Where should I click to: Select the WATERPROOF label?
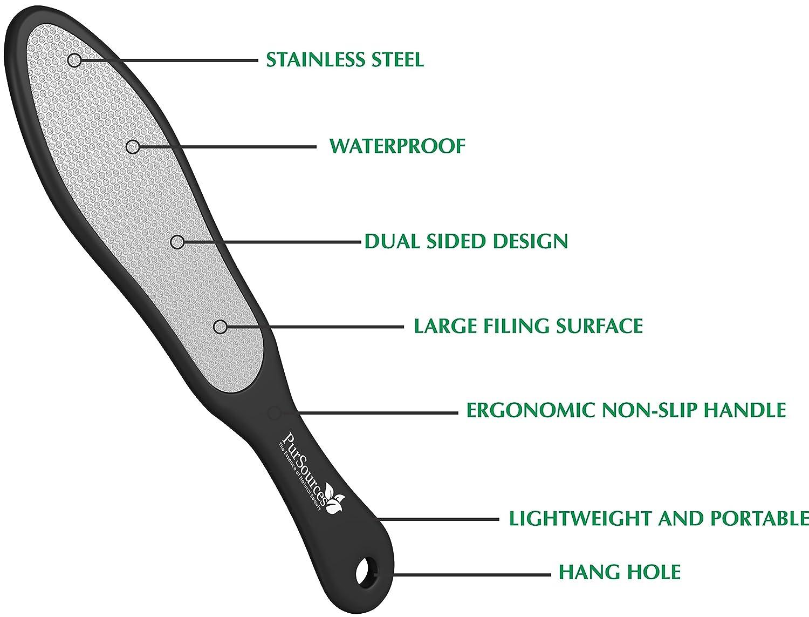point(397,146)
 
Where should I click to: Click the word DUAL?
point(392,241)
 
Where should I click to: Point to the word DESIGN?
point(530,241)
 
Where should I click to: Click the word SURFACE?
point(600,326)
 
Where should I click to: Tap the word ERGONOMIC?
point(530,410)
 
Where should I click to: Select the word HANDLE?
point(745,410)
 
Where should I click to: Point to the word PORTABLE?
point(759,519)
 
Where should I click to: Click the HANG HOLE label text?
point(620,572)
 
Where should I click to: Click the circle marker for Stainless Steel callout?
point(75,60)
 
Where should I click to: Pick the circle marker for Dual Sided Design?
point(177,242)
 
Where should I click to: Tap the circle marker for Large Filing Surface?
point(221,327)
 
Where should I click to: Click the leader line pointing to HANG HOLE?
point(463,574)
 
